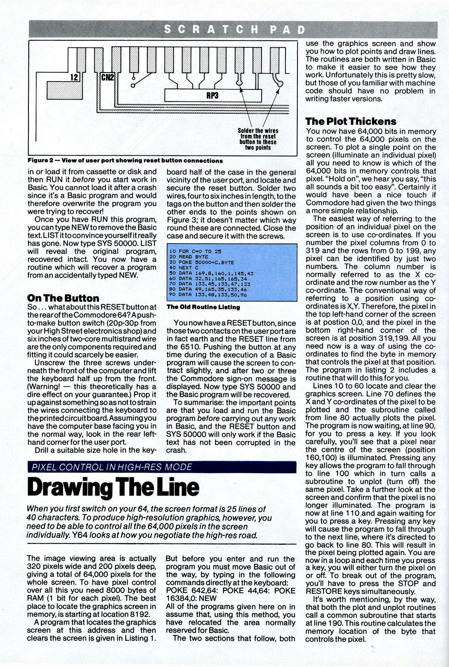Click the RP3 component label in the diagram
pyautogui.click(x=212, y=95)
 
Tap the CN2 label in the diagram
pyautogui.click(x=109, y=77)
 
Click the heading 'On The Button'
pyautogui.click(x=63, y=298)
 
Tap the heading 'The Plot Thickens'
pyautogui.click(x=351, y=121)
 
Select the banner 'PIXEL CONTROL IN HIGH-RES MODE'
pyautogui.click(x=112, y=467)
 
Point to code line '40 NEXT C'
pyautogui.click(x=182, y=268)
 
